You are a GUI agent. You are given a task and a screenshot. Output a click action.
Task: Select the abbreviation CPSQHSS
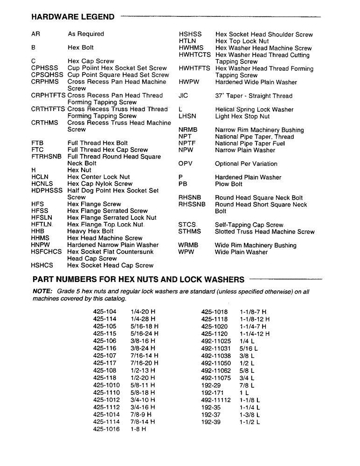tap(47, 75)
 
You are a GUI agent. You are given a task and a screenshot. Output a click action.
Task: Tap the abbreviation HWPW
tap(188, 82)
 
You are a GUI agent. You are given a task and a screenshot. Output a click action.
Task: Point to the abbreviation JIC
tap(183, 96)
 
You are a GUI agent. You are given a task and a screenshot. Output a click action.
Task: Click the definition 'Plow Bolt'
tap(229, 184)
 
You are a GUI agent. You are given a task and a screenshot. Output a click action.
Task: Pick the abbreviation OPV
tap(185, 164)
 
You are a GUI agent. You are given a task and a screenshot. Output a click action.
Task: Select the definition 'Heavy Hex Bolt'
tap(90, 231)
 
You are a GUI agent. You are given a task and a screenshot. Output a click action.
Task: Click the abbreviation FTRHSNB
tap(46, 157)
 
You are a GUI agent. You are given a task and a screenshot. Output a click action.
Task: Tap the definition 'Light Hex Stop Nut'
tap(242, 116)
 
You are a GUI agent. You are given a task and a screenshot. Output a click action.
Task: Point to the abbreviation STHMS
tap(189, 232)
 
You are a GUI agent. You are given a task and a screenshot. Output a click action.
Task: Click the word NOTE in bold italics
tap(42, 292)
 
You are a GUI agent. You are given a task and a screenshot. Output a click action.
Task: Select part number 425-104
tap(104, 312)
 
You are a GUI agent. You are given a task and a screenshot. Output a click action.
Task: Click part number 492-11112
tap(216, 400)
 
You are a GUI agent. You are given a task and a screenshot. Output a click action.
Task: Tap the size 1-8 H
tap(138, 429)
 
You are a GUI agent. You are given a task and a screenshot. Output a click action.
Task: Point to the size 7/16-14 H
tap(145, 356)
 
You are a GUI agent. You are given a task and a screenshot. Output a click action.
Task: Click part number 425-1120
tap(214, 334)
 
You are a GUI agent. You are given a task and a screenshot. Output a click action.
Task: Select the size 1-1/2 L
tap(249, 422)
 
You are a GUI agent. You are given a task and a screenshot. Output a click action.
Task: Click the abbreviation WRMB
tap(188, 246)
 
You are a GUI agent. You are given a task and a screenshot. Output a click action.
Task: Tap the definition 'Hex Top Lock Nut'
tap(242, 41)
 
